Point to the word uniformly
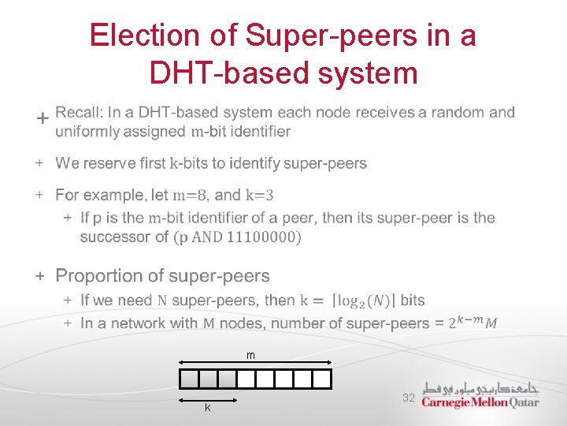pos(87,132)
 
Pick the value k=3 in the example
pos(260,195)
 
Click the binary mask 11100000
pos(262,237)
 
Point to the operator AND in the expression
pos(207,237)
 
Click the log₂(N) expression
pos(367,301)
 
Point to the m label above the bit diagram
pos(250,357)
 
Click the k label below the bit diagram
pos(207,408)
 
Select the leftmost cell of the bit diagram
pos(189,379)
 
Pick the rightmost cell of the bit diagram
pos(322,379)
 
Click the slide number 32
pos(408,398)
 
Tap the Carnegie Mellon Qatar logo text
pos(480,402)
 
